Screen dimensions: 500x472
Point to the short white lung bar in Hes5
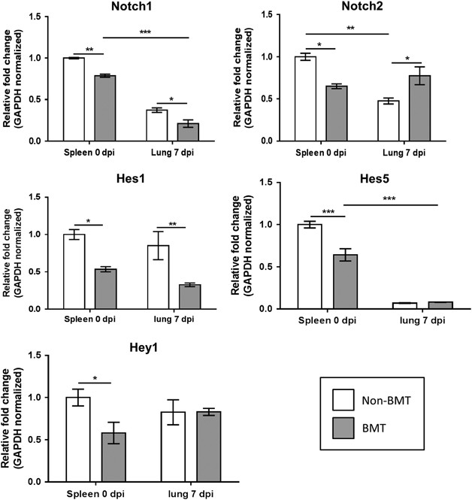404,305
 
